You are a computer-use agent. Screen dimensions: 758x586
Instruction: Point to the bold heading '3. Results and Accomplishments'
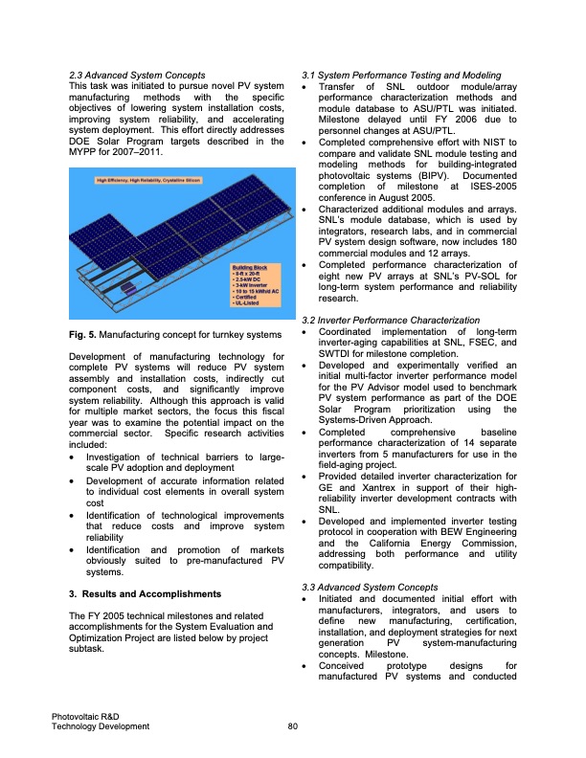click(137, 594)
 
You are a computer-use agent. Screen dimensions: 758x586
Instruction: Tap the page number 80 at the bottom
click(293, 726)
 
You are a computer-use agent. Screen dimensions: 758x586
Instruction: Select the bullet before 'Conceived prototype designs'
click(304, 665)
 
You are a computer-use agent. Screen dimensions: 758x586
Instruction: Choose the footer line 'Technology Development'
click(101, 726)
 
